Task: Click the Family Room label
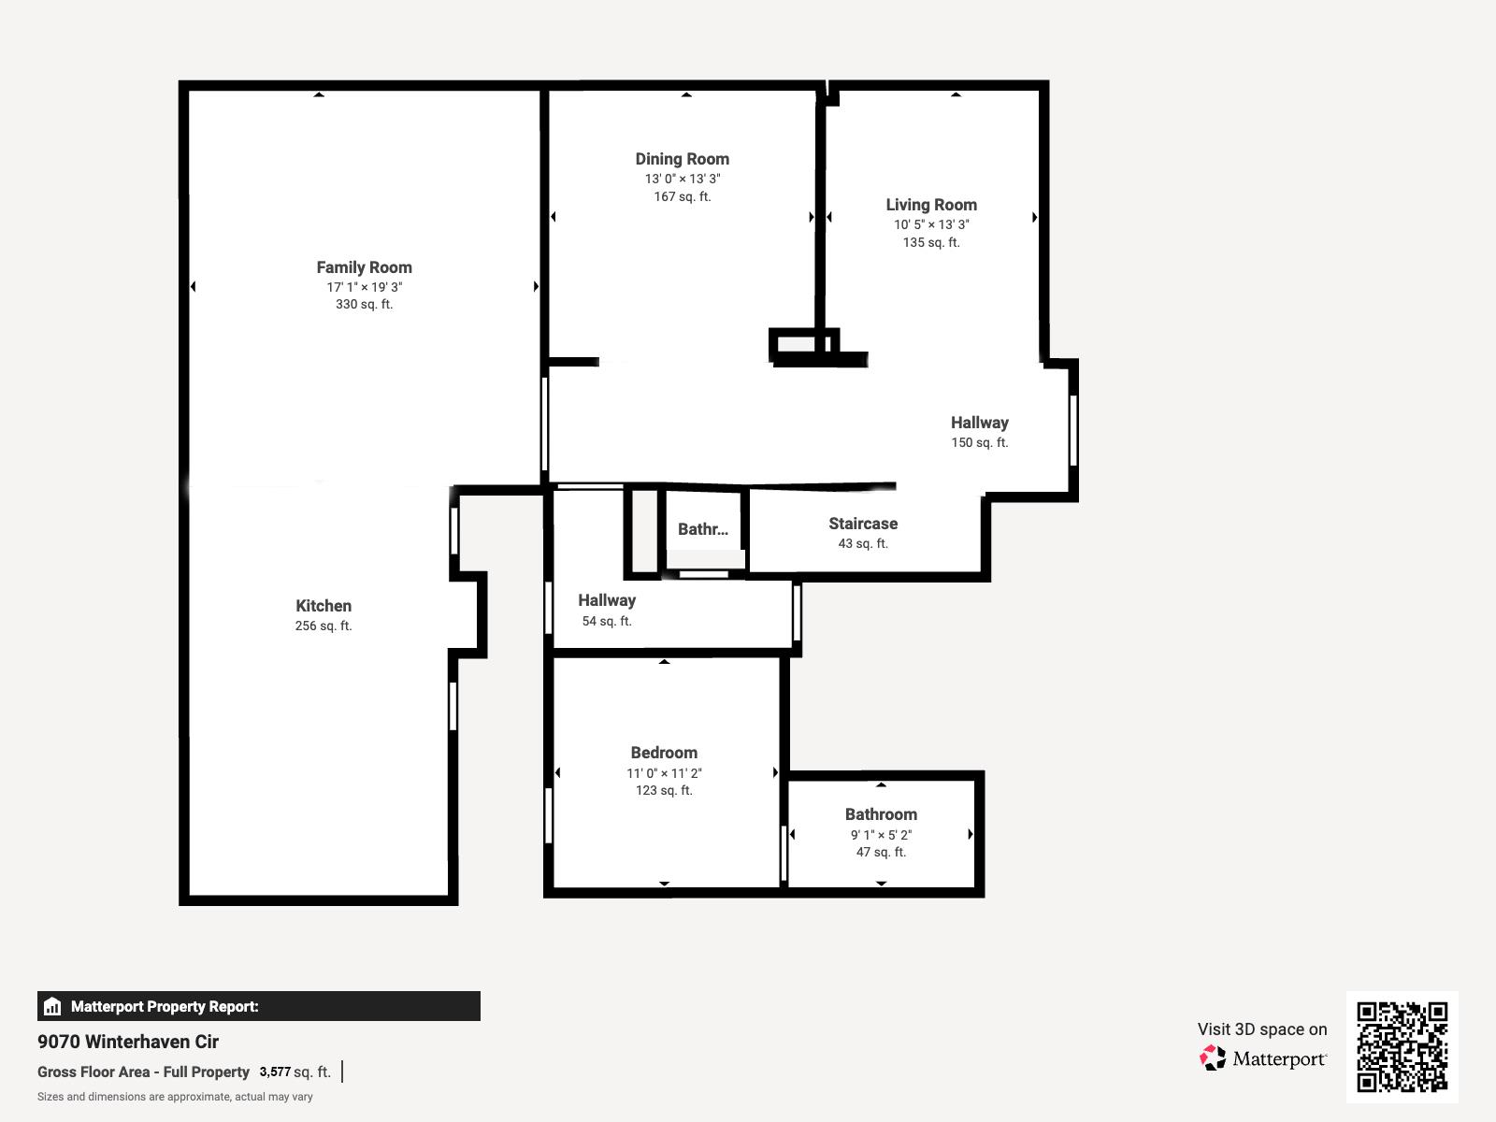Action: (x=364, y=267)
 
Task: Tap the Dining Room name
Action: (x=683, y=159)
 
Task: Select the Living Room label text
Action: (x=931, y=205)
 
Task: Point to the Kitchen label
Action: (x=324, y=606)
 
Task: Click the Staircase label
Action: (x=863, y=524)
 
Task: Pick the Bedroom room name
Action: (x=664, y=753)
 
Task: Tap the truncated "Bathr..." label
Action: (x=703, y=529)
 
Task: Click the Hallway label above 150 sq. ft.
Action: (x=979, y=423)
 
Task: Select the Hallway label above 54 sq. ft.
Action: (x=607, y=600)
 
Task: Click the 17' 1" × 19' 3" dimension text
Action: (x=364, y=287)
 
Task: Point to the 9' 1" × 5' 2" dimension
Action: (x=881, y=835)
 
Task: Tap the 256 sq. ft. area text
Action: (x=324, y=626)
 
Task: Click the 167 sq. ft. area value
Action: (x=683, y=196)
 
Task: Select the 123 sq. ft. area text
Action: (x=664, y=790)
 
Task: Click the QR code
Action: (x=1402, y=1047)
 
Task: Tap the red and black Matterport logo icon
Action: (x=1213, y=1058)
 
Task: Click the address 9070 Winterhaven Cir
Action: (x=128, y=1042)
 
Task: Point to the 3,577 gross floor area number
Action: (x=275, y=1072)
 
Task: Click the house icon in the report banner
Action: (x=52, y=1006)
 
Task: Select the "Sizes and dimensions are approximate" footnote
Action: (x=175, y=1097)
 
